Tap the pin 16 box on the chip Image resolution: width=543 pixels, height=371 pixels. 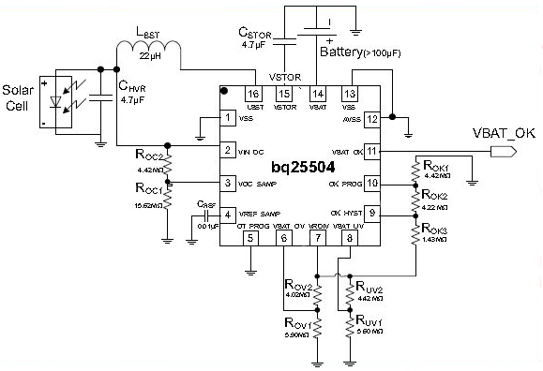(252, 94)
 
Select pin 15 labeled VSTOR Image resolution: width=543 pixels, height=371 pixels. (285, 94)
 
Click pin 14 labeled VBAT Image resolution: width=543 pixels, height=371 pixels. (318, 94)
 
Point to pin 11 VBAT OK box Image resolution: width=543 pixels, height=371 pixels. (371, 150)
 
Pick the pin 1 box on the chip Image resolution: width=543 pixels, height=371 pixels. (227, 118)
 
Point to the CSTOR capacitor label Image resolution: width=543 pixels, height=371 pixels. (260, 33)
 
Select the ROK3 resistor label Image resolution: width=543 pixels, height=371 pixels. (434, 229)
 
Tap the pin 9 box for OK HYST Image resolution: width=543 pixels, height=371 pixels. (371, 213)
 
